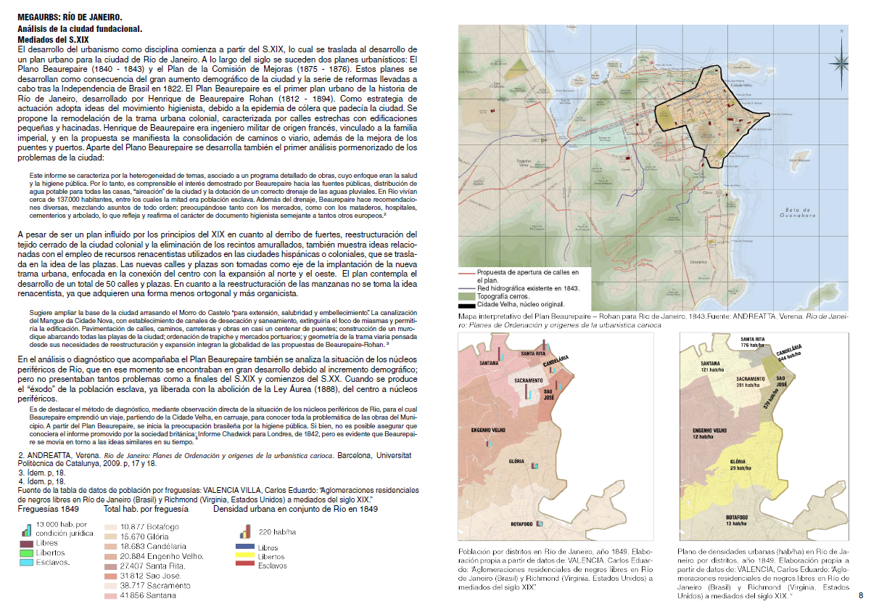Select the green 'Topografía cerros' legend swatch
tap(467, 297)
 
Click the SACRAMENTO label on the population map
tap(532, 380)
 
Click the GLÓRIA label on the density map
tap(738, 462)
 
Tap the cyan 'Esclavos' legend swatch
tap(26, 562)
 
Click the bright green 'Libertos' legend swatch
tap(26, 552)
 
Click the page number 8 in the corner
tap(860, 596)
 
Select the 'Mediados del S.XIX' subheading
tap(53, 38)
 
